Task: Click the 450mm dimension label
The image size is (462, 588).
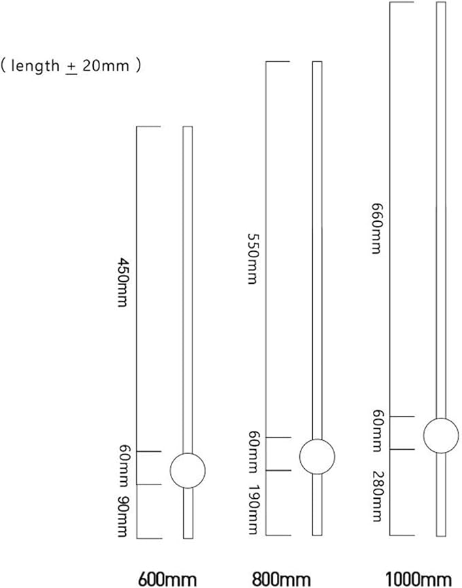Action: (x=122, y=282)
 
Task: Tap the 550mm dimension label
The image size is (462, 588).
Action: (x=252, y=259)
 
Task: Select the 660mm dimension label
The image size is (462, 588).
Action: (x=376, y=229)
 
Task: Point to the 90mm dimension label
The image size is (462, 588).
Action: (x=122, y=517)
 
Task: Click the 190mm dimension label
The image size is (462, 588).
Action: (x=252, y=509)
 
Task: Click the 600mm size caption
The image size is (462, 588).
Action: (x=167, y=580)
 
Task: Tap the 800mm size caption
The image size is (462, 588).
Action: (x=281, y=580)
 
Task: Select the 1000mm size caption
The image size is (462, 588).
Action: (x=418, y=580)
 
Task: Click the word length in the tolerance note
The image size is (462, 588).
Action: (x=35, y=66)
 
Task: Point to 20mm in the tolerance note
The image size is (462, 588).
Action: (x=105, y=66)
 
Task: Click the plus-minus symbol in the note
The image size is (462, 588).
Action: (x=71, y=68)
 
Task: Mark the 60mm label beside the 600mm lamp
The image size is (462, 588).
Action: (x=122, y=468)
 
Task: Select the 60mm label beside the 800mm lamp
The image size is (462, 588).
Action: (x=252, y=453)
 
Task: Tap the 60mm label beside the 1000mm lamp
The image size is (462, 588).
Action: (x=376, y=431)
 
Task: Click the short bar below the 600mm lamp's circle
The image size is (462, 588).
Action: (x=188, y=513)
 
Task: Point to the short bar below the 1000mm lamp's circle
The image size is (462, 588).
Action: (x=441, y=495)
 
